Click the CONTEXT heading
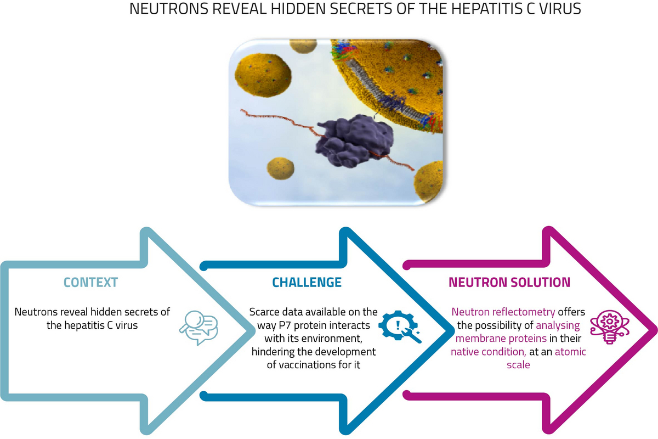[90, 283]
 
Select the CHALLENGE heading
[307, 283]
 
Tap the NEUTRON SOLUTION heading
[509, 283]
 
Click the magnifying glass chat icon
[198, 328]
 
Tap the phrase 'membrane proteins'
[493, 339]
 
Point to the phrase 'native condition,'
[484, 352]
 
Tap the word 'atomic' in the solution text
[570, 352]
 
